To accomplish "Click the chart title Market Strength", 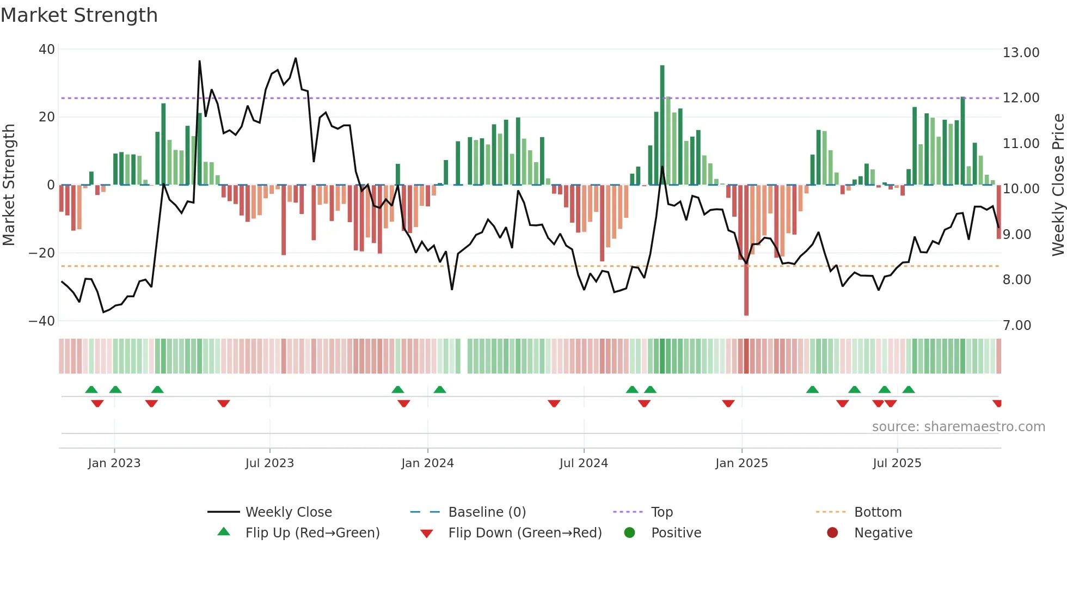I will pyautogui.click(x=79, y=15).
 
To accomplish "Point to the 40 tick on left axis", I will pyautogui.click(x=47, y=50).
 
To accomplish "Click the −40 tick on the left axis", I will pyautogui.click(x=42, y=321).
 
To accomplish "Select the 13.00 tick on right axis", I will pyautogui.click(x=1021, y=53).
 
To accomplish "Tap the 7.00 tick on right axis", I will pyautogui.click(x=1017, y=325).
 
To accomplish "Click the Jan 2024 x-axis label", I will pyautogui.click(x=427, y=463).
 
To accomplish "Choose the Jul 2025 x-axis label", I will pyautogui.click(x=897, y=463).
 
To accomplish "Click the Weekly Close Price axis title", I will pyautogui.click(x=1058, y=185).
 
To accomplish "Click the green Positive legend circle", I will pyautogui.click(x=630, y=532).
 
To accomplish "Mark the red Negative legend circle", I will pyautogui.click(x=832, y=532).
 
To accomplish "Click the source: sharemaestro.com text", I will pyautogui.click(x=958, y=427).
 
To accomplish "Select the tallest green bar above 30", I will pyautogui.click(x=663, y=125).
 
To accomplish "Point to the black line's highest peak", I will pyautogui.click(x=296, y=58).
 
